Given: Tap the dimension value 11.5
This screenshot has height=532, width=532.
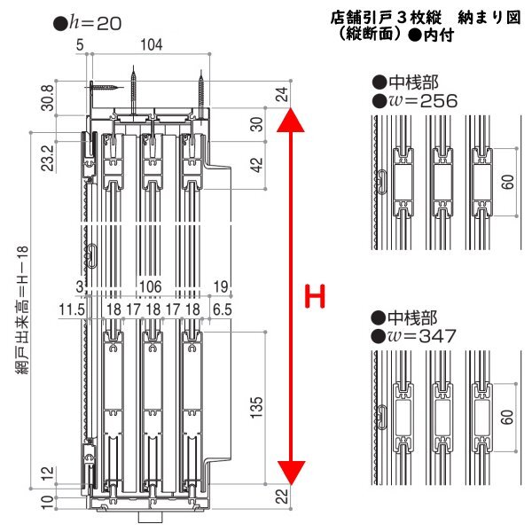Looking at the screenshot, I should pos(71,309).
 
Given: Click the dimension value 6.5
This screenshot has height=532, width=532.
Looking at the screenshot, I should pos(223,309).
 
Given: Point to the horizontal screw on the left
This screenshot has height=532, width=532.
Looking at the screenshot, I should pos(103,86).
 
